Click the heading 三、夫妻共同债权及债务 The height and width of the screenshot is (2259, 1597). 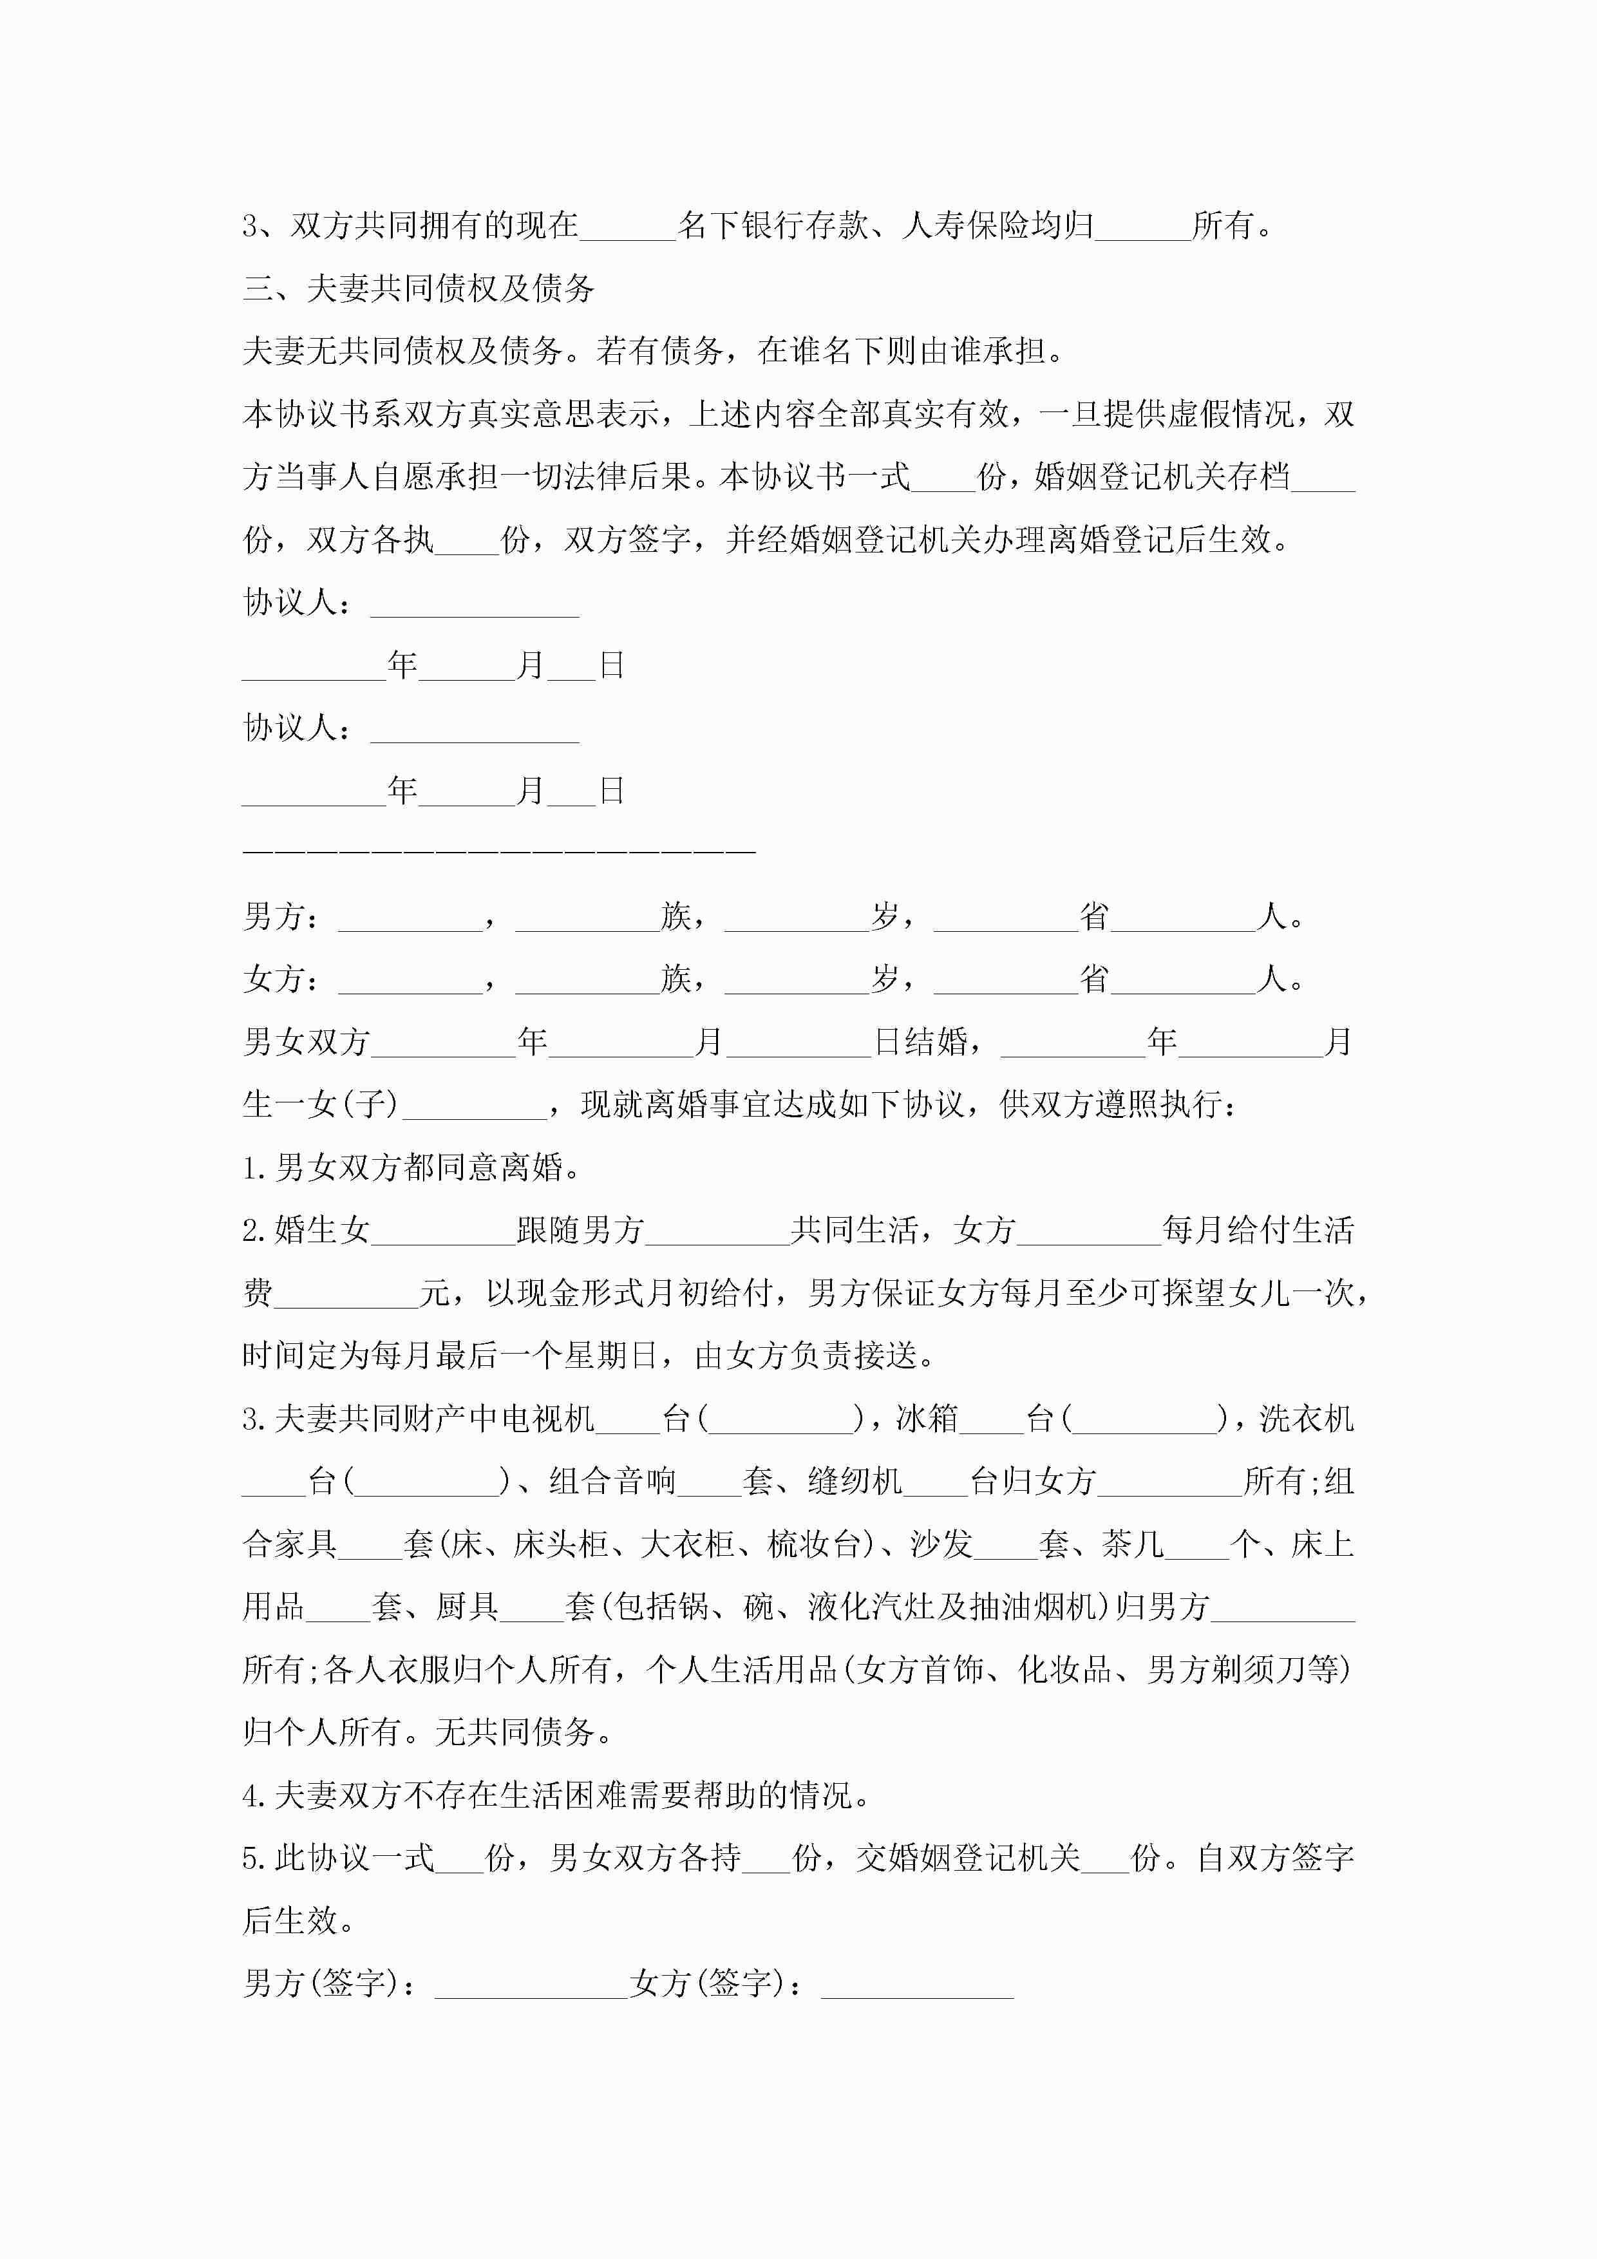pos(418,288)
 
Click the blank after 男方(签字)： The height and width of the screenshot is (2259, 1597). pos(531,1983)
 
